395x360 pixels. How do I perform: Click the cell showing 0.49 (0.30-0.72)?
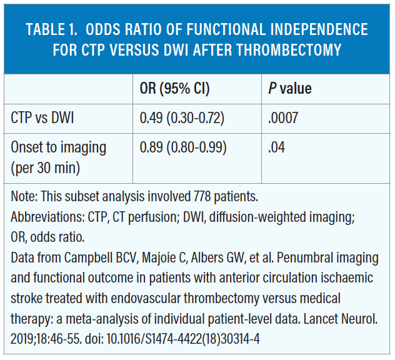[182, 117]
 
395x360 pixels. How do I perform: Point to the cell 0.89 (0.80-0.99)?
[182, 147]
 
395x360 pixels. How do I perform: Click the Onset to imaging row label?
[59, 147]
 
